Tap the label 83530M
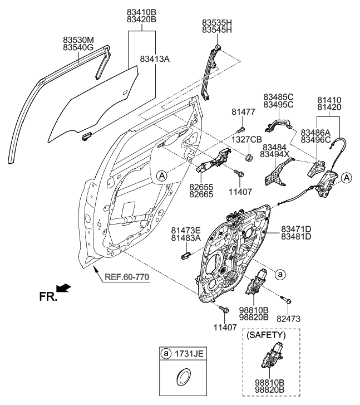(x=78, y=40)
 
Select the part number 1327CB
(x=246, y=139)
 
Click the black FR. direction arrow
(x=65, y=287)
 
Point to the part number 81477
(x=243, y=112)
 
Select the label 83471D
(x=295, y=229)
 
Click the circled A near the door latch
(x=347, y=178)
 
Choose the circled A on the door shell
(x=161, y=175)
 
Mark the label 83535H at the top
(x=216, y=22)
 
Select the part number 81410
(x=329, y=100)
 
